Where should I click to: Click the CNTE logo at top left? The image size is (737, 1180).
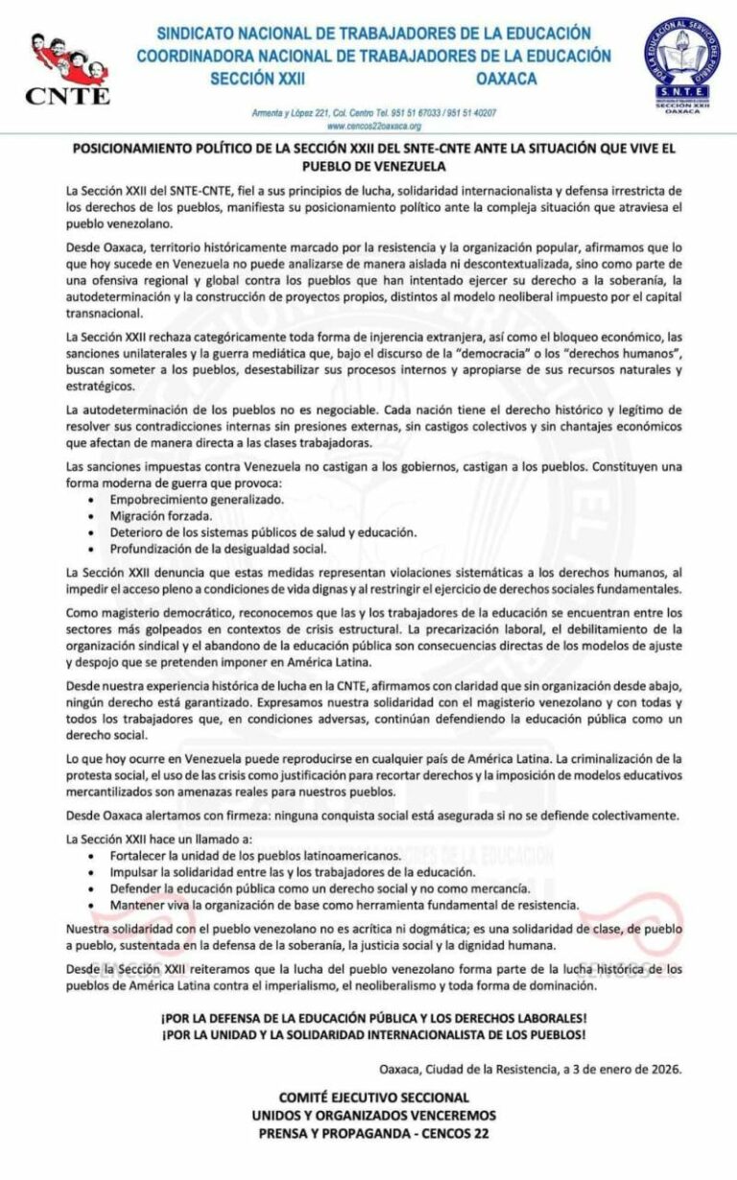click(67, 67)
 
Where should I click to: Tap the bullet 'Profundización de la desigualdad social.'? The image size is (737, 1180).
click(219, 548)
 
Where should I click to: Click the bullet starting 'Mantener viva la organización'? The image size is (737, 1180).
click(345, 904)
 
